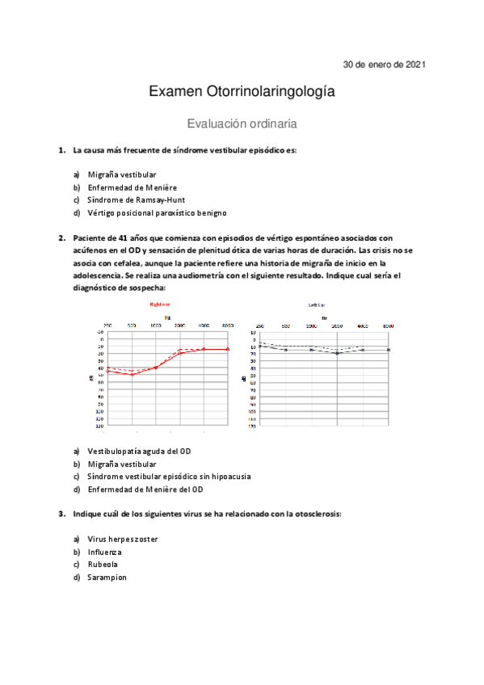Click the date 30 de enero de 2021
click(385, 64)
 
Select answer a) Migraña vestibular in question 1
click(122, 174)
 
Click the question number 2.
click(61, 238)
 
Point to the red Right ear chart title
click(159, 305)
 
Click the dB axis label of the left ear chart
click(243, 378)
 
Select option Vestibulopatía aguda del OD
click(139, 451)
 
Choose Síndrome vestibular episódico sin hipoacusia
click(169, 477)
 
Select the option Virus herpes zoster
click(123, 539)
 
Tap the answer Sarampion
click(107, 578)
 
